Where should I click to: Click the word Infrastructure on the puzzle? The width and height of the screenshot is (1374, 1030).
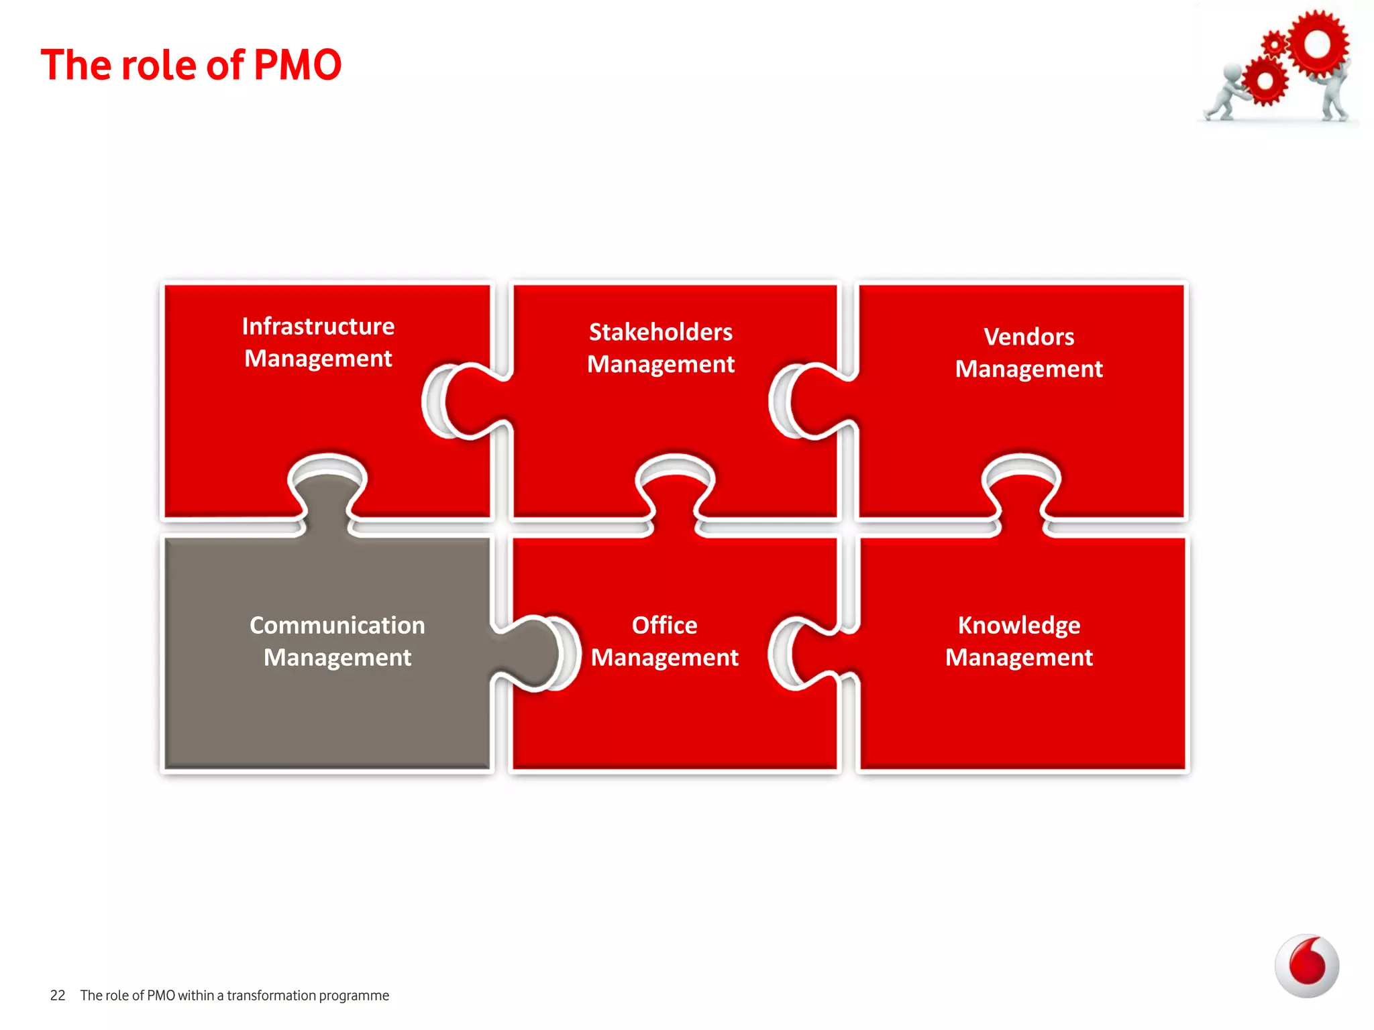tap(318, 327)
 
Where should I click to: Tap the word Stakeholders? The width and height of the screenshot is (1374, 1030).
tap(660, 332)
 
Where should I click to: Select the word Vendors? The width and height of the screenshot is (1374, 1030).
tap(1028, 337)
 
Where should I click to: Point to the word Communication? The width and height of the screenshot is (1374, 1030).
tap(337, 625)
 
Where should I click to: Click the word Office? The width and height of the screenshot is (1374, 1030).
tap(664, 625)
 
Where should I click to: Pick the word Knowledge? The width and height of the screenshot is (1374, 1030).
tap(1018, 625)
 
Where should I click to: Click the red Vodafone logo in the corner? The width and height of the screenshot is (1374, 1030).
tap(1306, 966)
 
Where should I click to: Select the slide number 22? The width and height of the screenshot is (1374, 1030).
tap(58, 996)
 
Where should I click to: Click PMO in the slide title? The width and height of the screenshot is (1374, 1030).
tap(298, 65)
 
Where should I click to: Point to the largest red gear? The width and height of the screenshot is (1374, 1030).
tap(1316, 44)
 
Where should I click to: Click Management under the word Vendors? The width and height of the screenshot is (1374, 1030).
tap(1028, 369)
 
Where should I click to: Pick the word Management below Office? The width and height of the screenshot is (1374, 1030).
tap(664, 657)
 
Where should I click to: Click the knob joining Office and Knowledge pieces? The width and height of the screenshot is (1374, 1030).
tap(815, 654)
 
